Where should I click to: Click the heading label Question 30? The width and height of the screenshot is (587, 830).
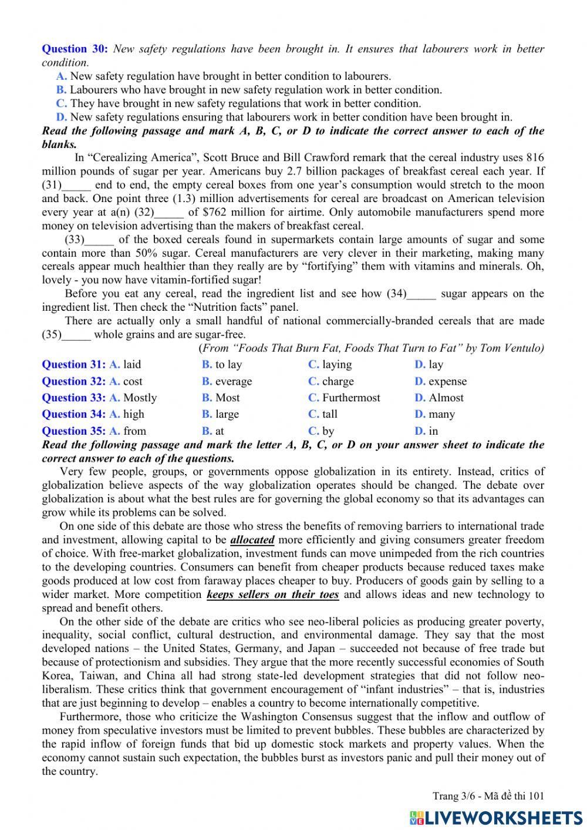click(75, 49)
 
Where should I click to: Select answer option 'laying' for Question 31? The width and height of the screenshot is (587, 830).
click(336, 365)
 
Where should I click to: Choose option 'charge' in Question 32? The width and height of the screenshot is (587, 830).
click(338, 381)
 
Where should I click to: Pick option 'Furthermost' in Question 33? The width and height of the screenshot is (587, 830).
click(350, 398)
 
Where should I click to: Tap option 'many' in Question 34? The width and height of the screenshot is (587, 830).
click(441, 414)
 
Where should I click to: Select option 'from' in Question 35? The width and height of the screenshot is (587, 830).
click(134, 431)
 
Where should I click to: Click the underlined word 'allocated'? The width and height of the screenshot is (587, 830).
click(252, 540)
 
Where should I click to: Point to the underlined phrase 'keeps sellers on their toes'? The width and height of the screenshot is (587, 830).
click(272, 594)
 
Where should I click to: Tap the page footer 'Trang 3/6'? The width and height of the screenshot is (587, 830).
click(453, 796)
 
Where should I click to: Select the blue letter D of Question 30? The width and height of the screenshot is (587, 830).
click(61, 117)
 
